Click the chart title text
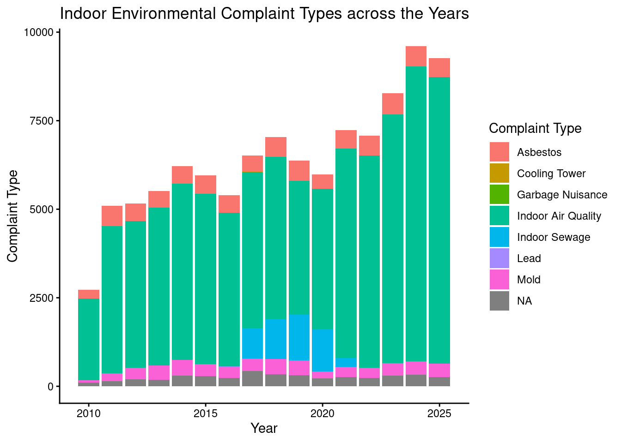264,14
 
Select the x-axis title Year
264,429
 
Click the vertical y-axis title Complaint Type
12,216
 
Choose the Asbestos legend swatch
499,152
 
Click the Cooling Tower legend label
551,174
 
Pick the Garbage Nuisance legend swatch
499,194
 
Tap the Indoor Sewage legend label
554,237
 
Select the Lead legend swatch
499,258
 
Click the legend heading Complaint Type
535,128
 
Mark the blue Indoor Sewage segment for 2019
299,337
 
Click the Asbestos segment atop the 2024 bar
416,56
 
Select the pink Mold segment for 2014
182,367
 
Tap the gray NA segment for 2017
252,378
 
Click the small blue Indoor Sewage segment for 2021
346,362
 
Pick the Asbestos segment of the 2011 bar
112,216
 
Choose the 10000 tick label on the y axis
39,32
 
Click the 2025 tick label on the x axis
439,413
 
